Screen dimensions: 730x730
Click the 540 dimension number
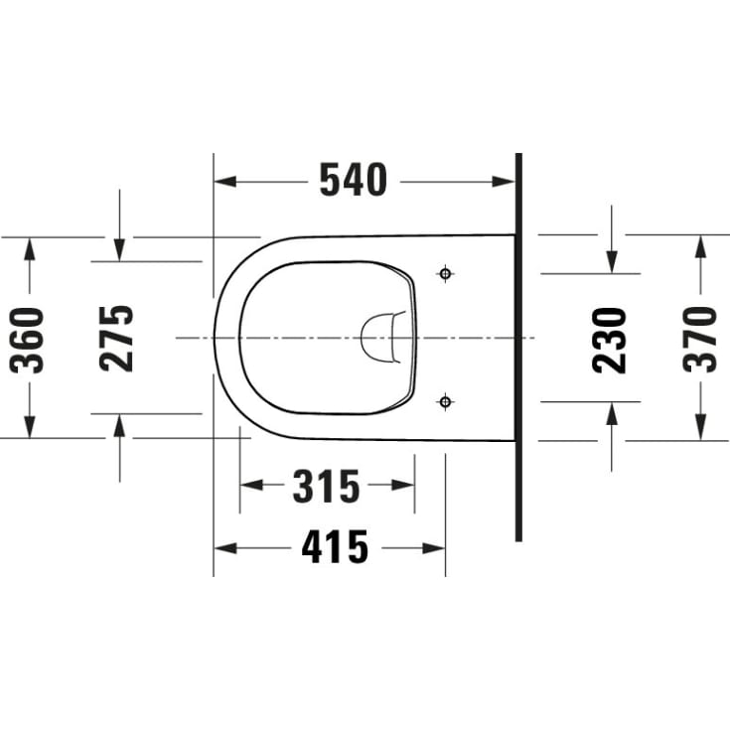(354, 180)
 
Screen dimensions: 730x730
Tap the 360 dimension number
(27, 341)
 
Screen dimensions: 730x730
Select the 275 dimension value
(116, 339)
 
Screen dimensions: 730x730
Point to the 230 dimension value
(610, 341)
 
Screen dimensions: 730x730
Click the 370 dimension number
(700, 340)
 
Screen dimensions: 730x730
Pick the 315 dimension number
(327, 486)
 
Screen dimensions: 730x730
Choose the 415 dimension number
(335, 547)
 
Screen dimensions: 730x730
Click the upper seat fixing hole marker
(446, 274)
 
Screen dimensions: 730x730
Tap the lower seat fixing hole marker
(446, 401)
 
